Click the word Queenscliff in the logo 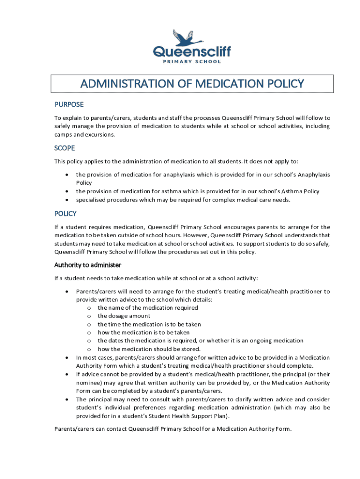coord(192,51)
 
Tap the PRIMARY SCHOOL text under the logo coord(192,62)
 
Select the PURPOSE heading coord(69,104)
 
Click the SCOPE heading coord(65,148)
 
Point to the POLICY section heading coord(65,214)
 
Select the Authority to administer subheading coord(88,265)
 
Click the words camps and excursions coord(85,135)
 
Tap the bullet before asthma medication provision coord(68,191)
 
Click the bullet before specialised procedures coord(68,200)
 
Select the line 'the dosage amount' coord(124,316)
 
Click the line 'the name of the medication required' coord(148,308)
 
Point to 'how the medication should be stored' coord(149,349)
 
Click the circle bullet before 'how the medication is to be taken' coord(89,333)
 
